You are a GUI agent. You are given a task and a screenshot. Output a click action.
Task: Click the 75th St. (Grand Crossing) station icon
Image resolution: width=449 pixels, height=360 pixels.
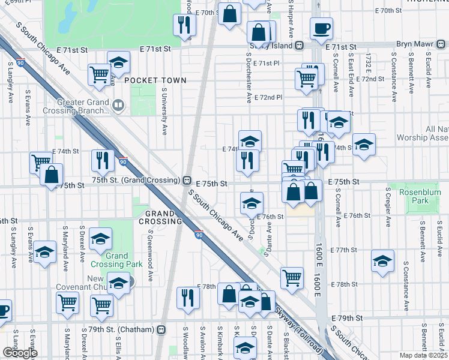tap(187, 181)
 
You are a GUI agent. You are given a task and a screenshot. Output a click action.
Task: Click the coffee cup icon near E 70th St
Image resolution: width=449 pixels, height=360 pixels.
tap(321, 28)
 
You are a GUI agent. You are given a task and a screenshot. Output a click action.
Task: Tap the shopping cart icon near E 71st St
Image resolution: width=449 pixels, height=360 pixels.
tap(99, 74)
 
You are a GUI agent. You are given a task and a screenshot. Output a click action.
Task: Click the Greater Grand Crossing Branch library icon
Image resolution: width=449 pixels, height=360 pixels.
tap(119, 106)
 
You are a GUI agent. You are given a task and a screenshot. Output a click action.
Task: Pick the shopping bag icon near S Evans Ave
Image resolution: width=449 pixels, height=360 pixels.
tap(52, 175)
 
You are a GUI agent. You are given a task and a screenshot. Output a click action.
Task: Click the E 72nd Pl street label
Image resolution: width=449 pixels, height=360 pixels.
tap(268, 97)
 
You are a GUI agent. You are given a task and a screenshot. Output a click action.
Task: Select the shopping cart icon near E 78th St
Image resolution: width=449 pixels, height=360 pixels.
tap(292, 277)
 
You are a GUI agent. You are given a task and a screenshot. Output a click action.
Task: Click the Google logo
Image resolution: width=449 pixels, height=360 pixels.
tap(20, 353)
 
